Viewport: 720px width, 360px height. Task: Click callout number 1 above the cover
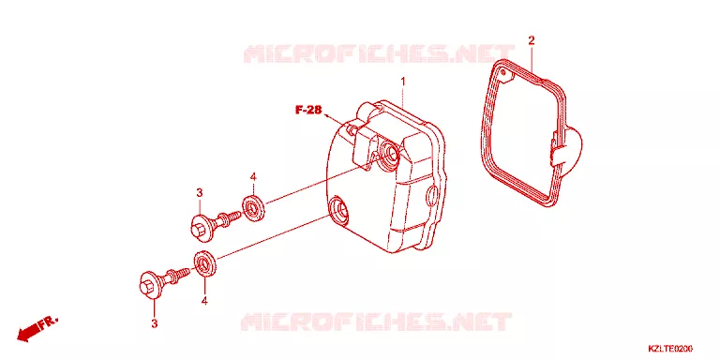[x=403, y=82]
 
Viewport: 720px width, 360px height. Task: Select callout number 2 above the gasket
[x=532, y=40]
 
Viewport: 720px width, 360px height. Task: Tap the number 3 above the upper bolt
[x=200, y=193]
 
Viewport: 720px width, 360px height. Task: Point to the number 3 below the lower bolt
[x=155, y=323]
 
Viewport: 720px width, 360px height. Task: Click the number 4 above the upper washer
[x=253, y=177]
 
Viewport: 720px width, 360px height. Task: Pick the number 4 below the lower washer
[x=204, y=301]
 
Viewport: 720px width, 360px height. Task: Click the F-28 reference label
[x=308, y=110]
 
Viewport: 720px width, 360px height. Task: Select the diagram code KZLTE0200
[x=670, y=349]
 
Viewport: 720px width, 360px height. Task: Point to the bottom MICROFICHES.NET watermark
[x=376, y=322]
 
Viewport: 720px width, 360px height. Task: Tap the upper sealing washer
[x=253, y=207]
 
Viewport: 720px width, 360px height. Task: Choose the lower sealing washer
[x=204, y=264]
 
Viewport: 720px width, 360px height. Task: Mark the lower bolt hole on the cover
[x=338, y=208]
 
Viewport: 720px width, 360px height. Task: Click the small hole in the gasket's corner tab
[x=503, y=73]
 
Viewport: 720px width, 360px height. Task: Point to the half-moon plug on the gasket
[x=569, y=146]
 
